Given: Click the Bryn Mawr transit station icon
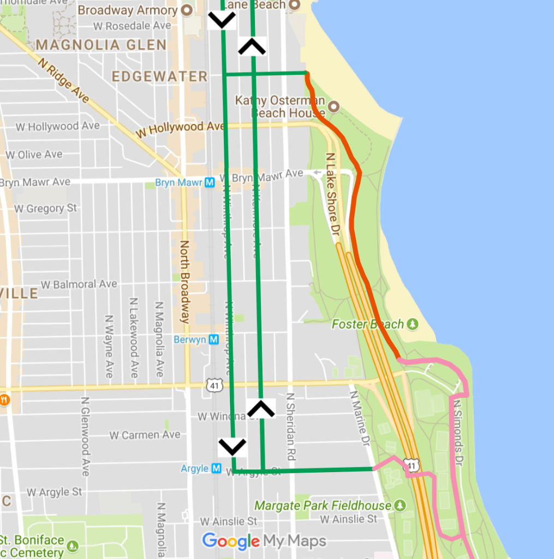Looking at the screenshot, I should coord(210,183).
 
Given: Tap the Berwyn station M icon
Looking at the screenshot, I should coord(214,339).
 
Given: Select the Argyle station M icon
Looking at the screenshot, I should coord(216,468).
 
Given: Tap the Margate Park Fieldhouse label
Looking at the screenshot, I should coord(323,505).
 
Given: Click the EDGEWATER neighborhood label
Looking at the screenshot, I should coord(159,77).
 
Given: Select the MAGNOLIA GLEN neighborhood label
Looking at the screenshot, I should coord(101,45).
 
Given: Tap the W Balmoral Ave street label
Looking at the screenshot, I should coord(79,284).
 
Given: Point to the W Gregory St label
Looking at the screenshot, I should coord(45,208).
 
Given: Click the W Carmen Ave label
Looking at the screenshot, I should coord(145,435).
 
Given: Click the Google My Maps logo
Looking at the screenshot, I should coord(264,541).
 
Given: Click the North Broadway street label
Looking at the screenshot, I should coord(185,281).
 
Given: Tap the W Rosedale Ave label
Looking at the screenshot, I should coord(132,26).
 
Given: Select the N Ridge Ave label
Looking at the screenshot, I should coord(63,80).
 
